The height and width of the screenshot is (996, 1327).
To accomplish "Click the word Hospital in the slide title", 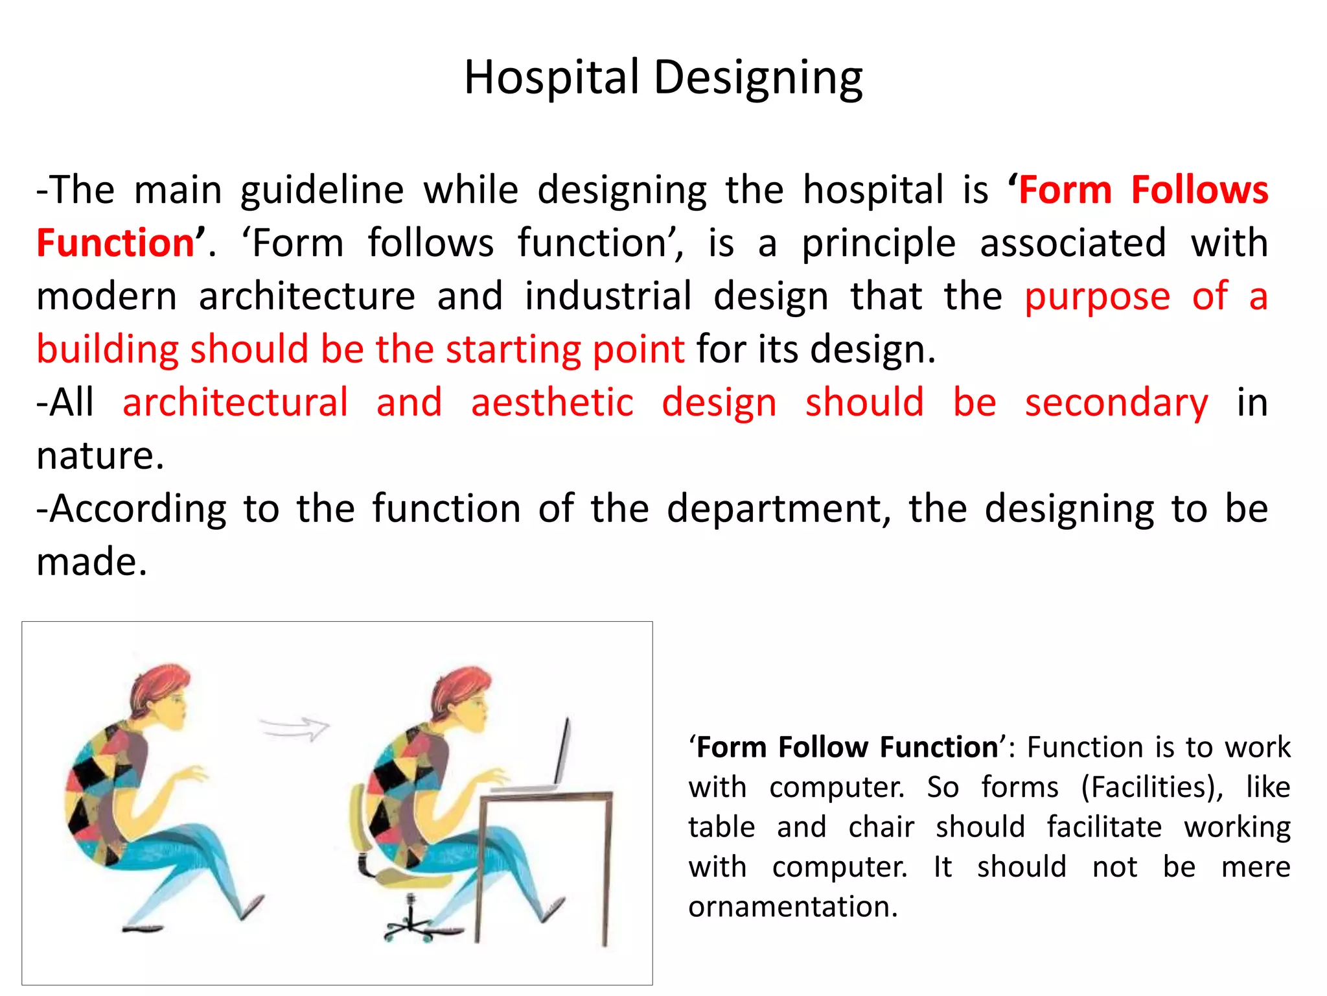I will point(551,78).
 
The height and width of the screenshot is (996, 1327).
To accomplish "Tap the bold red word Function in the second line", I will point(115,243).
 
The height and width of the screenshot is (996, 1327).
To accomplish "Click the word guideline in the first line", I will point(322,191).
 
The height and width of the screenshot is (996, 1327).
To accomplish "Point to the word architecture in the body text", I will point(306,296).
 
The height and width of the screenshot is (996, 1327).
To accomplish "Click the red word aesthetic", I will point(552,403).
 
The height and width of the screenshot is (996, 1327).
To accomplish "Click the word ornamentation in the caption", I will point(792,907).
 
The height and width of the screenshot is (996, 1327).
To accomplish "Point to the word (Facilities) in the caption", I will point(1151,787).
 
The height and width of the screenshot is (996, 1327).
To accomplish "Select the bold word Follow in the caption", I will point(822,747).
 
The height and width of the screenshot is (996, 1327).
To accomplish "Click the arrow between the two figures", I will point(295,728).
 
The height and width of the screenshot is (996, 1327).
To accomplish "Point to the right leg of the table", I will point(605,869).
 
